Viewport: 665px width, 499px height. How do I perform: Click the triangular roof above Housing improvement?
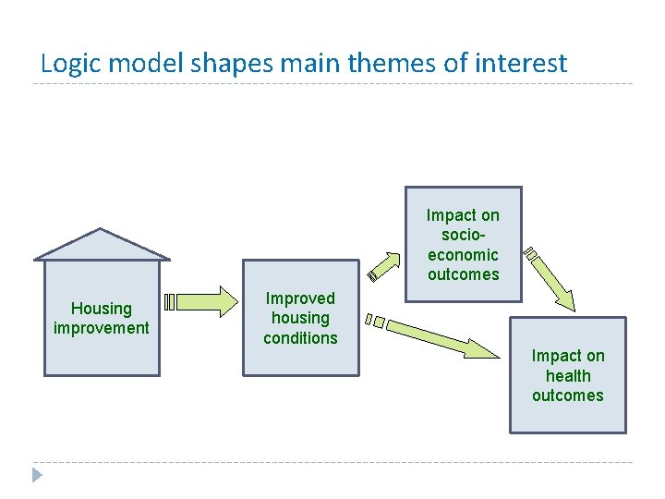tap(102, 246)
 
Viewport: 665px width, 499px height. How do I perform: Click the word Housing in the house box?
tap(102, 309)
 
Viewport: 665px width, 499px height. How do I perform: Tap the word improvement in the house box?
tap(102, 328)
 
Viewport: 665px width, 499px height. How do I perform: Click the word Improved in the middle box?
tap(300, 298)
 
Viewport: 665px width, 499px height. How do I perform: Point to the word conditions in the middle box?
tap(300, 338)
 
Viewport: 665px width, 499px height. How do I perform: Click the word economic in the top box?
tap(463, 255)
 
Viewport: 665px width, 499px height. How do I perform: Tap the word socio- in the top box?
tap(463, 235)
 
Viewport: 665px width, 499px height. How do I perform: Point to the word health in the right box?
tap(568, 376)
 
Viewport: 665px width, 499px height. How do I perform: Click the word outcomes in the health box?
tap(568, 396)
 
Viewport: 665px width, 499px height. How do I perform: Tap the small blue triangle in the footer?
tap(36, 476)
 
